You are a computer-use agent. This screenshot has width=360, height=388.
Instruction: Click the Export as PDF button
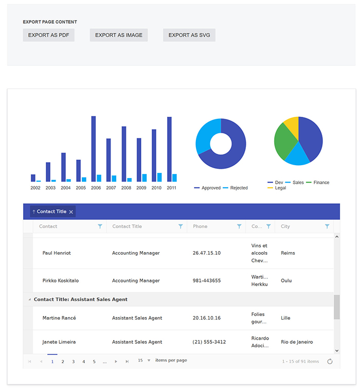[x=49, y=35]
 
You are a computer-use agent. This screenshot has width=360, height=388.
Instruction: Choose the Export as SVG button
[x=189, y=35]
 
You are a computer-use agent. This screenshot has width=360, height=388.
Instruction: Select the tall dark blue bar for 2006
[x=94, y=149]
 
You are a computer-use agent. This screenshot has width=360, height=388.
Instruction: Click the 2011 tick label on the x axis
[x=172, y=188]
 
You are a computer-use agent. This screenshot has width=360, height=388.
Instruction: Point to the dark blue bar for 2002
[x=33, y=178]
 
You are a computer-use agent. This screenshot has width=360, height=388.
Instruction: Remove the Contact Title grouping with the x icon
[x=71, y=212]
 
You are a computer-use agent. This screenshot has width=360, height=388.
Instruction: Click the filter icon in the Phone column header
[x=239, y=226]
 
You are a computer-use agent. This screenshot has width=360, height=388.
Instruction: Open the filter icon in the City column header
[x=327, y=226]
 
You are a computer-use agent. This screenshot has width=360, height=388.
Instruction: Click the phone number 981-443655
[x=207, y=281]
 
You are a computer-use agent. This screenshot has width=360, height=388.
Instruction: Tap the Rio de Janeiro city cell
[x=297, y=342]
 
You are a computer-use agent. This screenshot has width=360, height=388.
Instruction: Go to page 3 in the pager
[x=73, y=362]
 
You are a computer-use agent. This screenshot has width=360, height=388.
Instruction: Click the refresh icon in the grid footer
[x=330, y=362]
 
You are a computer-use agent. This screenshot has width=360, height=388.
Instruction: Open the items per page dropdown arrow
[x=149, y=361]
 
